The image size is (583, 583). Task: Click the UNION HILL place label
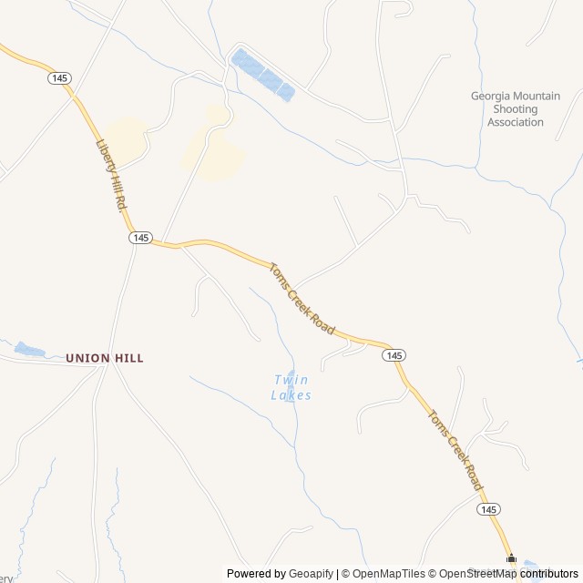point(104,359)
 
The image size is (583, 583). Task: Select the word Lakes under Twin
point(291,395)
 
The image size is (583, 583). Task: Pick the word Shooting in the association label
point(516,109)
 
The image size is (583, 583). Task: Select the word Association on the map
point(516,122)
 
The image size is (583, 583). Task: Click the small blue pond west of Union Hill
point(28,349)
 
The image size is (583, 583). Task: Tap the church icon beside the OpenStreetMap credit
point(512,559)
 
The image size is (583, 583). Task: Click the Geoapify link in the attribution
point(311,574)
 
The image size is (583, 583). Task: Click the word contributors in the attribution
point(549,574)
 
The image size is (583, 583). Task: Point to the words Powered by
point(256,574)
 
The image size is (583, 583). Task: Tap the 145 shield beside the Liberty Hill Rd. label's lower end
point(139,237)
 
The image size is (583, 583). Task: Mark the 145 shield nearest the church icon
point(487,509)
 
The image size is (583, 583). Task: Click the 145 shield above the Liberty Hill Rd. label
point(59,78)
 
